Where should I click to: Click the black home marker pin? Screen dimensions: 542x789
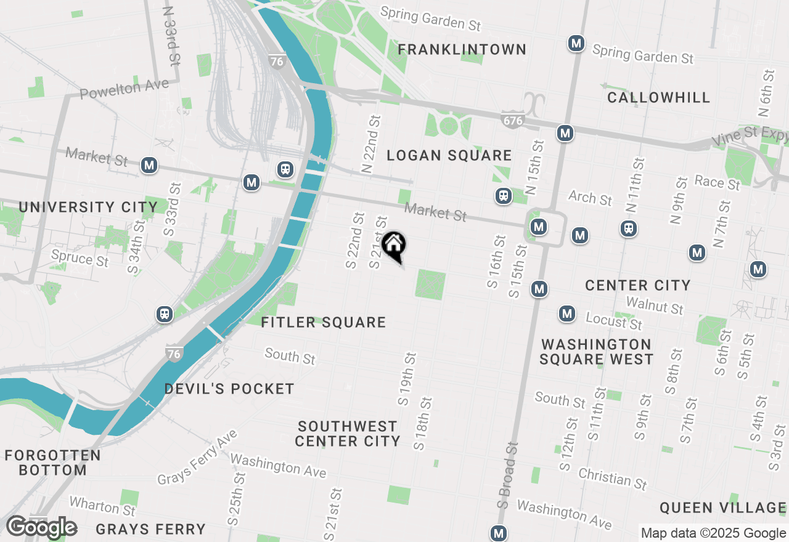pyautogui.click(x=393, y=245)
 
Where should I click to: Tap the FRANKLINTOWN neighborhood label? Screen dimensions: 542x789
pyautogui.click(x=462, y=49)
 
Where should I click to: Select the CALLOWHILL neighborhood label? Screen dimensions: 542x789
pyautogui.click(x=658, y=97)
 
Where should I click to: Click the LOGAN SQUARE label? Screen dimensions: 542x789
pyautogui.click(x=449, y=155)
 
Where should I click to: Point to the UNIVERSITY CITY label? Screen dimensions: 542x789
pyautogui.click(x=88, y=207)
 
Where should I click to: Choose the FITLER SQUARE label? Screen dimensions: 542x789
pyautogui.click(x=324, y=322)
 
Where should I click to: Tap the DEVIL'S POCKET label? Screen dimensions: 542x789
pyautogui.click(x=229, y=389)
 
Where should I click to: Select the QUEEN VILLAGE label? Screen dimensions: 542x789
pyautogui.click(x=722, y=508)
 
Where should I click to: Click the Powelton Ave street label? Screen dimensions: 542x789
pyautogui.click(x=125, y=89)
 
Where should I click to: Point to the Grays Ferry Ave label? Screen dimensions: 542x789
pyautogui.click(x=197, y=458)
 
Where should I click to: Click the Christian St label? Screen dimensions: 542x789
pyautogui.click(x=613, y=478)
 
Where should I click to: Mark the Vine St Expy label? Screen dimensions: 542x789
pyautogui.click(x=750, y=138)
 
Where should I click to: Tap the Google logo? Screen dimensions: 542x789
pyautogui.click(x=42, y=527)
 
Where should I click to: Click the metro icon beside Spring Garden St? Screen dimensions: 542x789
pyautogui.click(x=576, y=43)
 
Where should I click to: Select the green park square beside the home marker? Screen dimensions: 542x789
pyautogui.click(x=430, y=285)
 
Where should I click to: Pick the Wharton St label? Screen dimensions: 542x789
pyautogui.click(x=102, y=506)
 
